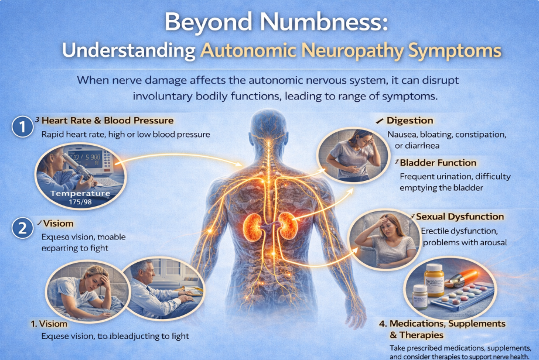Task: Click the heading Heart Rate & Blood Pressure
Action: coord(107,121)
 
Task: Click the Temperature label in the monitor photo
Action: coord(80,193)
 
